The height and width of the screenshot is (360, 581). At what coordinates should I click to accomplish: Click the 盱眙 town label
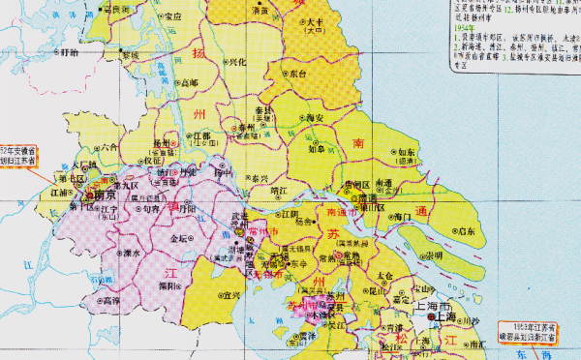click(x=68, y=53)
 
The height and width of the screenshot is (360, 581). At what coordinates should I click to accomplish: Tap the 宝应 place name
click(x=172, y=16)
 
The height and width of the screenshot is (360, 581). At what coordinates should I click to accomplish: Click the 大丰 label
click(x=315, y=23)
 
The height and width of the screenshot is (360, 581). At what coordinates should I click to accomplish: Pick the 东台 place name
click(x=297, y=74)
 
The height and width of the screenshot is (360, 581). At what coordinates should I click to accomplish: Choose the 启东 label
click(x=467, y=231)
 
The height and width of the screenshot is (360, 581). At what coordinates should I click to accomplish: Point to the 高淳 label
click(x=111, y=300)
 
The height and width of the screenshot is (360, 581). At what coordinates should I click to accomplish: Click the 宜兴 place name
click(x=229, y=294)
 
